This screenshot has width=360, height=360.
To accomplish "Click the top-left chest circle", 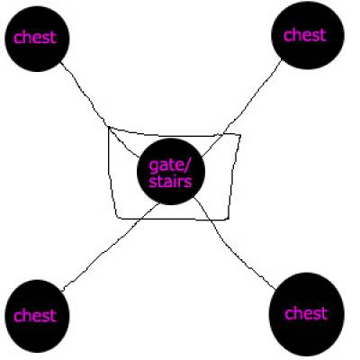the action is coord(37,39).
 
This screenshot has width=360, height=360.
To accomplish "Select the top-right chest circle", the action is coord(308,34).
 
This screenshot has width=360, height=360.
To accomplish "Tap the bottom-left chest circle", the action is coord(37,316).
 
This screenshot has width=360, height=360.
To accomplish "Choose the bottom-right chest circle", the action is coord(307,314).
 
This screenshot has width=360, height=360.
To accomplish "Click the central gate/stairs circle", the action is coord(171,172).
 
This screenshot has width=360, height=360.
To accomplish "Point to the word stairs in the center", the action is coord(170,182).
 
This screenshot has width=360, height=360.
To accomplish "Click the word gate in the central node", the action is coord(166,166).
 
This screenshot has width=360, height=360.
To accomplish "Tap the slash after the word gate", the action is coord(187,165).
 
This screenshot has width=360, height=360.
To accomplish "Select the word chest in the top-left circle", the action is coord(35,37).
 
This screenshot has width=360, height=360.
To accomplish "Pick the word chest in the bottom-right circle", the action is coord(306,313).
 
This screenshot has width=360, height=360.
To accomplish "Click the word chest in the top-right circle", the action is coord(305,35).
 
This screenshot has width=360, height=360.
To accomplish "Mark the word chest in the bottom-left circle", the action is coord(35,316).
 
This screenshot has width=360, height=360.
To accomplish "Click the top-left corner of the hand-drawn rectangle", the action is coord(109,128).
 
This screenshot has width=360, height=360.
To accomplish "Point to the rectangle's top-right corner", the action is coord(240,136).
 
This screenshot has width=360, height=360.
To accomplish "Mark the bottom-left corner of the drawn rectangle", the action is coord(118,217).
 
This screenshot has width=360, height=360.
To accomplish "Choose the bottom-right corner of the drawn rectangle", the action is coord(228,219).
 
